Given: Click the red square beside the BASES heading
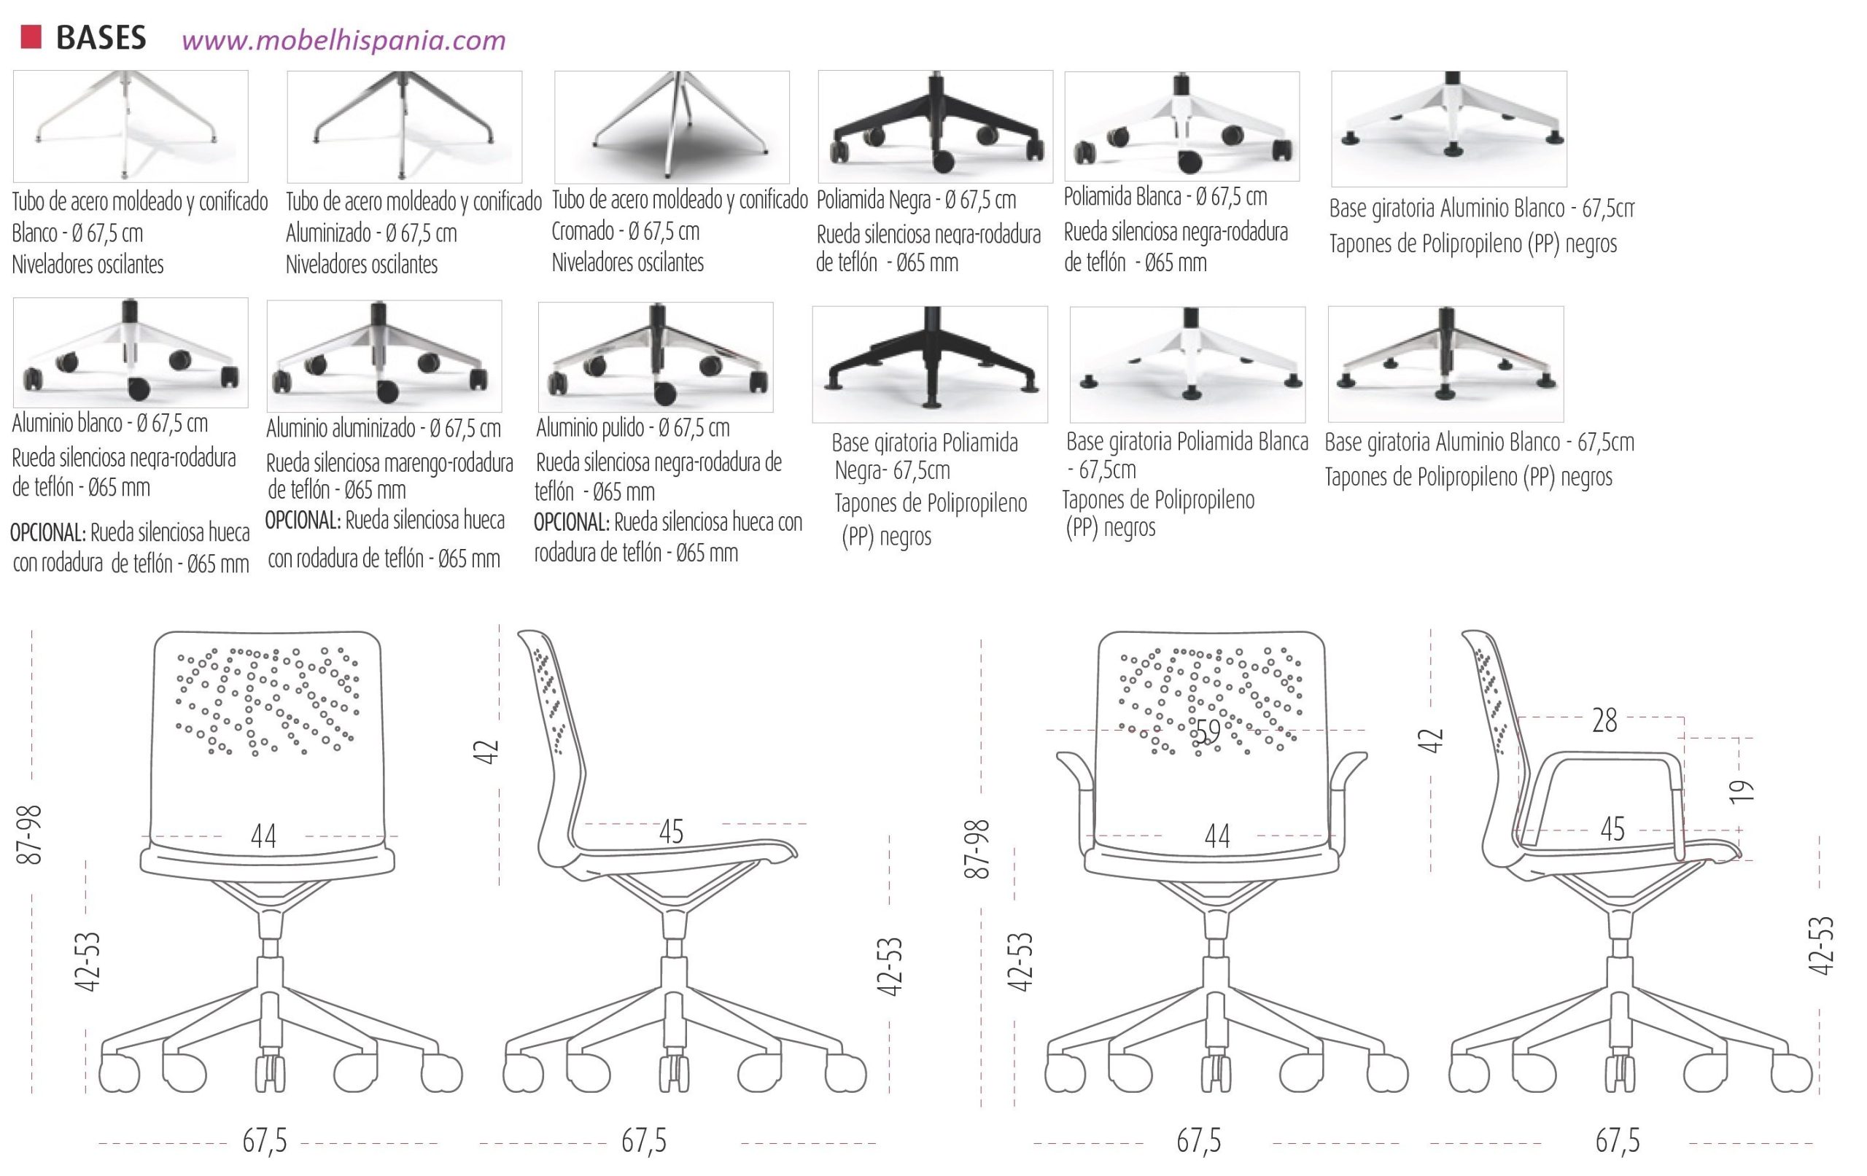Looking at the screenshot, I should pos(31,37).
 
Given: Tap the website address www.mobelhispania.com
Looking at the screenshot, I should pos(343,39).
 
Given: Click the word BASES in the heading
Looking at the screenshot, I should pos(101,38).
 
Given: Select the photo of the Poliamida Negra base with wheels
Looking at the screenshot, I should pos(935,126).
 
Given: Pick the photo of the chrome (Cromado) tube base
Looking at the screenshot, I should pos(672,127).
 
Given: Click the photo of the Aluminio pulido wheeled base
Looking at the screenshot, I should pos(655,357).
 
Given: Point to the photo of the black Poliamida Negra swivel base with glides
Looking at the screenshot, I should pos(930,364).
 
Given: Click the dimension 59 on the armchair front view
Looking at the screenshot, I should pos(1207,731).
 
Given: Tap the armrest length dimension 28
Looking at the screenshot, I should pos(1604,720).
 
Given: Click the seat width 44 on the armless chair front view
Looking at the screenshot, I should pos(263,836).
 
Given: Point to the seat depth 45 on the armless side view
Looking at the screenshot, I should pos(671,832).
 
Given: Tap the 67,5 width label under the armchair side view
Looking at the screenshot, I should pos(1617,1140).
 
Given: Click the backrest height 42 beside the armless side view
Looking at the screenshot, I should pos(486,752).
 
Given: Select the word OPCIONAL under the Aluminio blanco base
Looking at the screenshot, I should pos(47,532).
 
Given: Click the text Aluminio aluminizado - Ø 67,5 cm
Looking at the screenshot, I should pos(383,428).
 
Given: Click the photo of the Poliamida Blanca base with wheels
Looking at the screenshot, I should pos(1181,126).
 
